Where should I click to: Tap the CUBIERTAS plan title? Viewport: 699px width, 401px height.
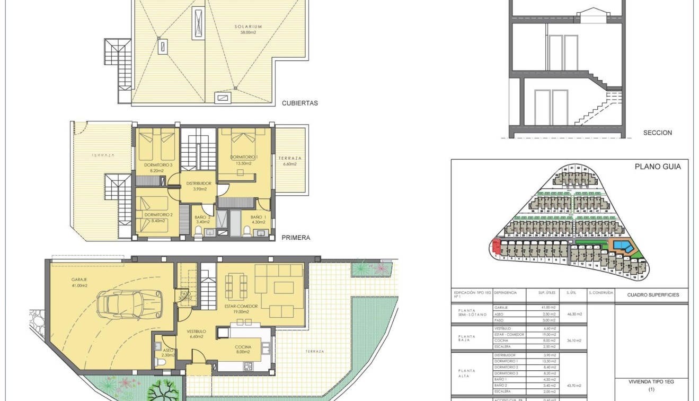click(x=300, y=103)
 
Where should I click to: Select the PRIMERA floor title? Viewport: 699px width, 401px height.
click(x=296, y=238)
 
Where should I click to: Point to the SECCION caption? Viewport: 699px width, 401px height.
click(x=657, y=133)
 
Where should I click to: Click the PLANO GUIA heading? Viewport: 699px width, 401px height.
click(x=658, y=167)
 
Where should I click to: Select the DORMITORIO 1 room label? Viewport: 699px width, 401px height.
click(x=244, y=160)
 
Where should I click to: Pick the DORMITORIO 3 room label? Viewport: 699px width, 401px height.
click(x=158, y=168)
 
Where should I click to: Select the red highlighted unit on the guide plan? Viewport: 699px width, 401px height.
click(x=496, y=246)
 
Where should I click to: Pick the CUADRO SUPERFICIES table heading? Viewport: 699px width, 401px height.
click(x=653, y=295)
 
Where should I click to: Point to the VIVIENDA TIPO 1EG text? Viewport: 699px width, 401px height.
click(x=651, y=381)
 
